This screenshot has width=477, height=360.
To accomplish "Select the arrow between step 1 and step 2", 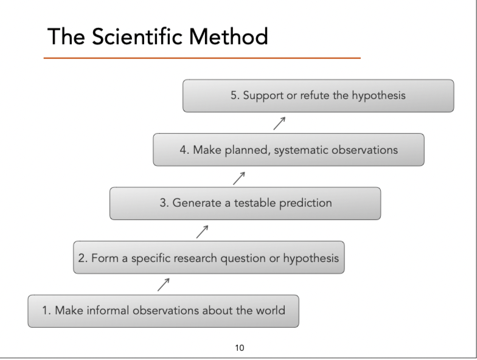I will (163, 283).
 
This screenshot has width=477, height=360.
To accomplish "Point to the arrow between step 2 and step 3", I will (203, 231).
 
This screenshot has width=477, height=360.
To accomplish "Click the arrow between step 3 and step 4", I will (239, 178).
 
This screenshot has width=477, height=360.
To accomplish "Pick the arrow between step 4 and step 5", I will (279, 124).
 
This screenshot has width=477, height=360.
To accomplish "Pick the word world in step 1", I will (270, 311).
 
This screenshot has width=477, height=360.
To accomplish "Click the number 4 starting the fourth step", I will (183, 150).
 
